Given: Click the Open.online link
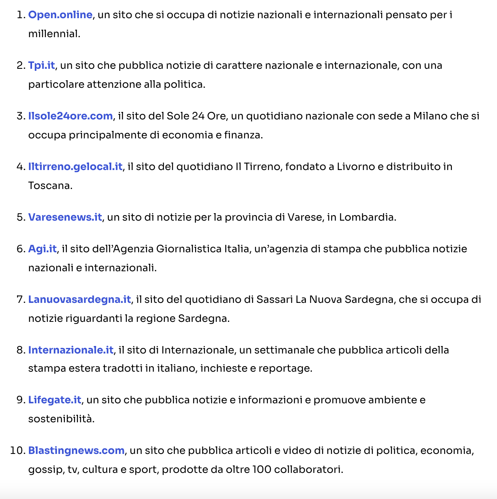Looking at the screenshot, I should pos(60,15).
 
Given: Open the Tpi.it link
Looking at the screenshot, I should pos(42,66).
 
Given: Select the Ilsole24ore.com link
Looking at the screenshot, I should pos(70,116).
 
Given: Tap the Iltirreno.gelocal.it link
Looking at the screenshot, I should pos(75,167).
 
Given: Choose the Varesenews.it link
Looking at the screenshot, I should pos(65,217).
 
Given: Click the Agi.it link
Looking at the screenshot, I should pos(42,249).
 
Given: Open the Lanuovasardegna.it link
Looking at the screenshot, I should pos(79,300).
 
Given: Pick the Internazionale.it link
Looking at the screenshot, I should pos(71,350).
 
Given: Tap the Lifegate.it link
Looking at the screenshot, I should pos(55,400).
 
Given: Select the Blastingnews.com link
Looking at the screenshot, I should pos(76,451).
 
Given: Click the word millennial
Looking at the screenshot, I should pos(53,34).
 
